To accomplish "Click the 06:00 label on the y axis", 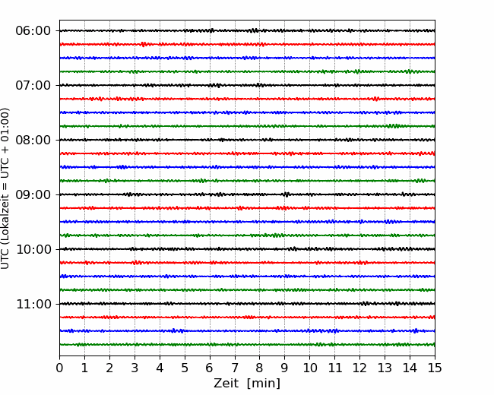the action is [33, 31].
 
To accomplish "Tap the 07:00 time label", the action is [33, 85].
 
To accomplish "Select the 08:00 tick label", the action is [33, 140].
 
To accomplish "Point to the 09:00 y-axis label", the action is [33, 194].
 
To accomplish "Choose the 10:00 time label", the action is [33, 249].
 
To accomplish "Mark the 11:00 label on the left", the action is [33, 304].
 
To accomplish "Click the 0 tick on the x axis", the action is [59, 368].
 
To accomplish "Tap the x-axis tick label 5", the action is [185, 368].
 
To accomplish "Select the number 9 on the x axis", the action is [285, 368].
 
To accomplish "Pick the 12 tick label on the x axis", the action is [359, 368].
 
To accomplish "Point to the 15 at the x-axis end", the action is [435, 368].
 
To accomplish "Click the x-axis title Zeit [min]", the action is [247, 384].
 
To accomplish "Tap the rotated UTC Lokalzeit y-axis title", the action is [5, 188].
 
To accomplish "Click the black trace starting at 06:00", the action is [247, 30].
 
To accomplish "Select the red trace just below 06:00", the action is [247, 44].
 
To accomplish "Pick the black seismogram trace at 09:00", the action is [247, 194].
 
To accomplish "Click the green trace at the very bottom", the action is [247, 345].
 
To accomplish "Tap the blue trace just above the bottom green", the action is [247, 330].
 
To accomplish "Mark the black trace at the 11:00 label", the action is [247, 304].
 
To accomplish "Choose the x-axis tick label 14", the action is [410, 368].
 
